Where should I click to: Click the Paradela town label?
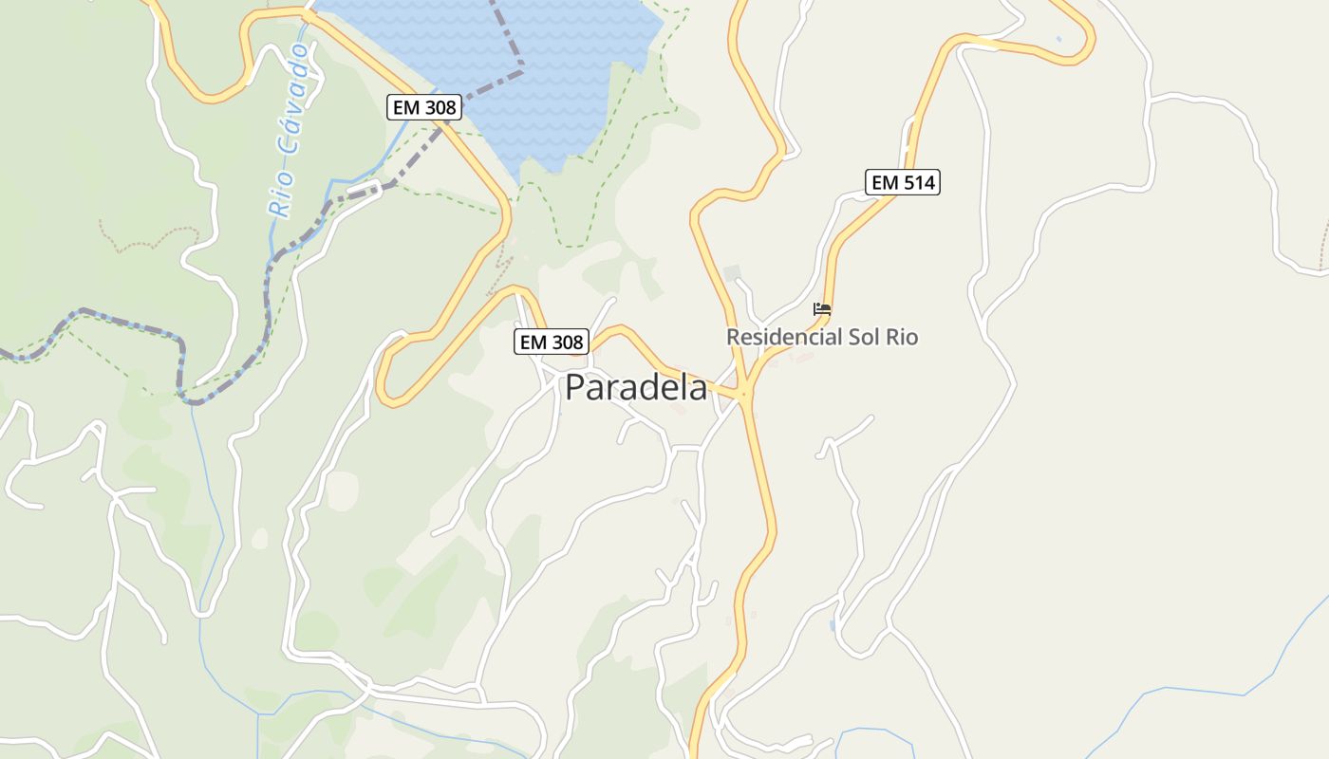coord(636,388)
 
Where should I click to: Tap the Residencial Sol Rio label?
coord(822,337)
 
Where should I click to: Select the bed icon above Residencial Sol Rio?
coord(822,309)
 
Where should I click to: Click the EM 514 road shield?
coord(902,182)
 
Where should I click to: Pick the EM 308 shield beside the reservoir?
coord(425,107)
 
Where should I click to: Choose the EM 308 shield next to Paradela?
coord(552,342)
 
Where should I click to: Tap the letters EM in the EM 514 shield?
coord(884,182)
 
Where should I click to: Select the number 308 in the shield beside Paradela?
coord(566,342)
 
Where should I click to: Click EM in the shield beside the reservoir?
coord(407,107)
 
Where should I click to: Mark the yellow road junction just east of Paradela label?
coord(745,392)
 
